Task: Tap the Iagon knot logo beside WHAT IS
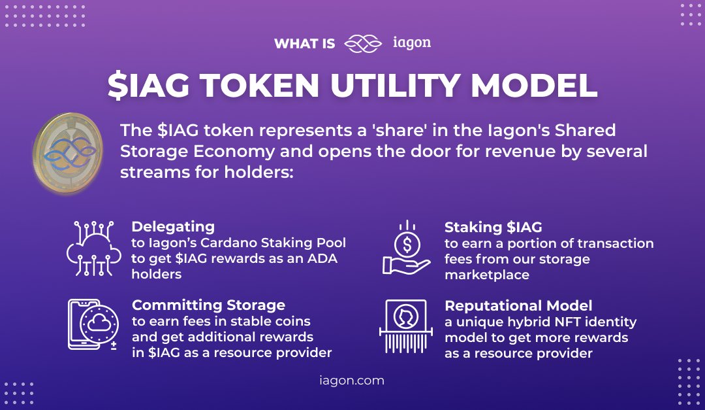click(x=363, y=44)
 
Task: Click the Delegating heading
click(x=173, y=227)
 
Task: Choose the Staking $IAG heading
click(x=493, y=227)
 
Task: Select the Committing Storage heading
click(x=208, y=305)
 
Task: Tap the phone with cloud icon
click(x=93, y=325)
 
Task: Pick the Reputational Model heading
click(x=518, y=305)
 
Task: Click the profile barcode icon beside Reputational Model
click(x=405, y=326)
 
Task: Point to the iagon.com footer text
click(x=352, y=380)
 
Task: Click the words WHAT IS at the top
click(x=305, y=44)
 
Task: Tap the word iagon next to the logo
click(x=412, y=43)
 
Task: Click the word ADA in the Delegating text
click(x=319, y=259)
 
